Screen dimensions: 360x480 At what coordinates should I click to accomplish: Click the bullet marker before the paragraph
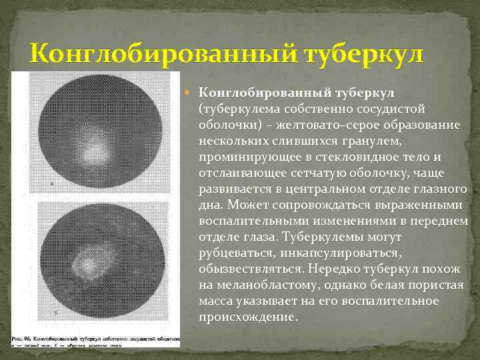click(x=191, y=91)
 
